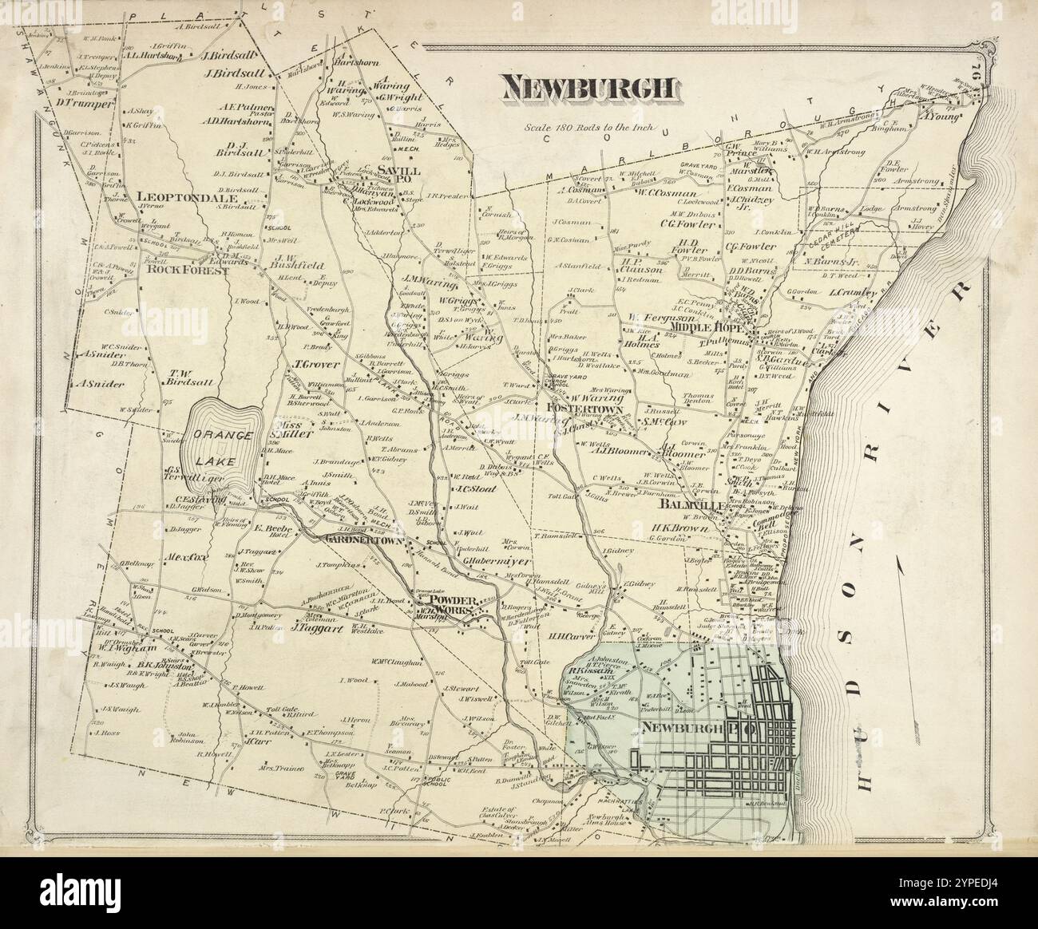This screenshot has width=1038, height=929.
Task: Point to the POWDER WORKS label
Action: point(453,606)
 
